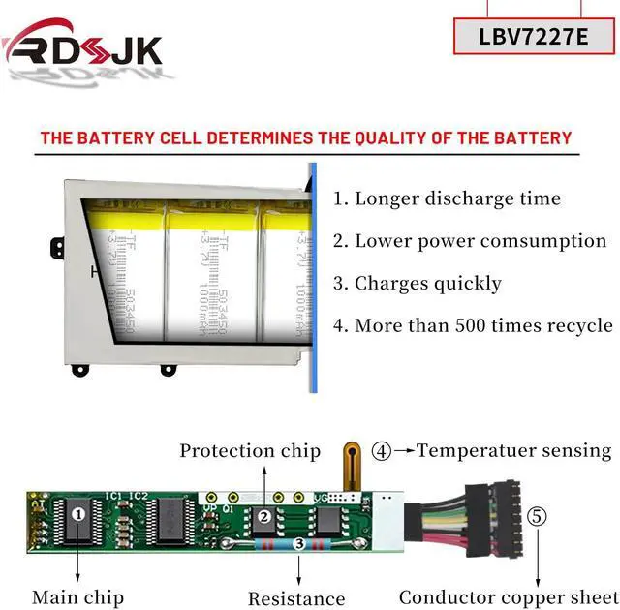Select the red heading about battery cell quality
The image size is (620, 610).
(306, 137)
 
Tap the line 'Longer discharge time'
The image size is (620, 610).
(447, 198)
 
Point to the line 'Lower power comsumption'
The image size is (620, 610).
(470, 241)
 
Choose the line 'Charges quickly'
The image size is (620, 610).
(418, 284)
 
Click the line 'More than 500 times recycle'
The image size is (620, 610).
(473, 326)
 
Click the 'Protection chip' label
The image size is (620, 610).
(249, 450)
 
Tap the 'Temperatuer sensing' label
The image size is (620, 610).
(514, 450)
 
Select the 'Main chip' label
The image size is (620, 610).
(77, 597)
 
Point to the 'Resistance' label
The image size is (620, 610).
(296, 598)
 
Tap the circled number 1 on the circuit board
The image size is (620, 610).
(77, 514)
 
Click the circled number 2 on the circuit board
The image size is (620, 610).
(263, 516)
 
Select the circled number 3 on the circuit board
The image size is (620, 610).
(300, 545)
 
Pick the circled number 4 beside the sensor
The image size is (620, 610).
(383, 450)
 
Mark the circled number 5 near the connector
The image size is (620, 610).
(536, 515)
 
